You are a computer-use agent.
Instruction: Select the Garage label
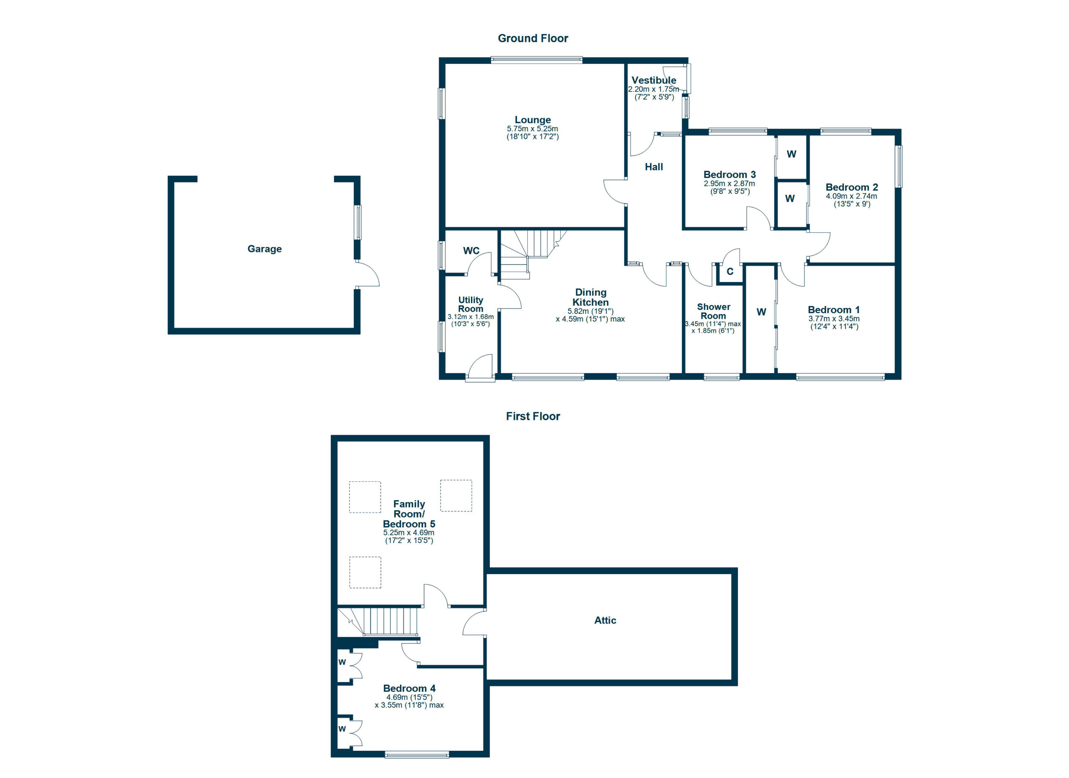264,249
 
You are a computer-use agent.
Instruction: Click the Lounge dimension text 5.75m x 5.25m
532,128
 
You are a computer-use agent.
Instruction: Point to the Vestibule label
654,80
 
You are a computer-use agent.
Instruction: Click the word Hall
654,166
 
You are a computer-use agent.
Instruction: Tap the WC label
471,250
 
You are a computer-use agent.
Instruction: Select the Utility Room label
470,304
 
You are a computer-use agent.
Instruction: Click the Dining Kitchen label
590,297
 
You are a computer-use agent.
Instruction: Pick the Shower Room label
713,311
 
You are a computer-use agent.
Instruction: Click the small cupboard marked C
730,272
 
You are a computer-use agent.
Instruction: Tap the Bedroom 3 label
729,175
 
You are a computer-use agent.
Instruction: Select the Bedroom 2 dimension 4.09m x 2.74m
851,196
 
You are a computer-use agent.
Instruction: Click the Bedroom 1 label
833,309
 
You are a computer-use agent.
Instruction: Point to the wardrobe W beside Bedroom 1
761,312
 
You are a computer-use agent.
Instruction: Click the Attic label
605,620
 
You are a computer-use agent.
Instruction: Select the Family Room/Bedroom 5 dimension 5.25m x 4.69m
409,532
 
